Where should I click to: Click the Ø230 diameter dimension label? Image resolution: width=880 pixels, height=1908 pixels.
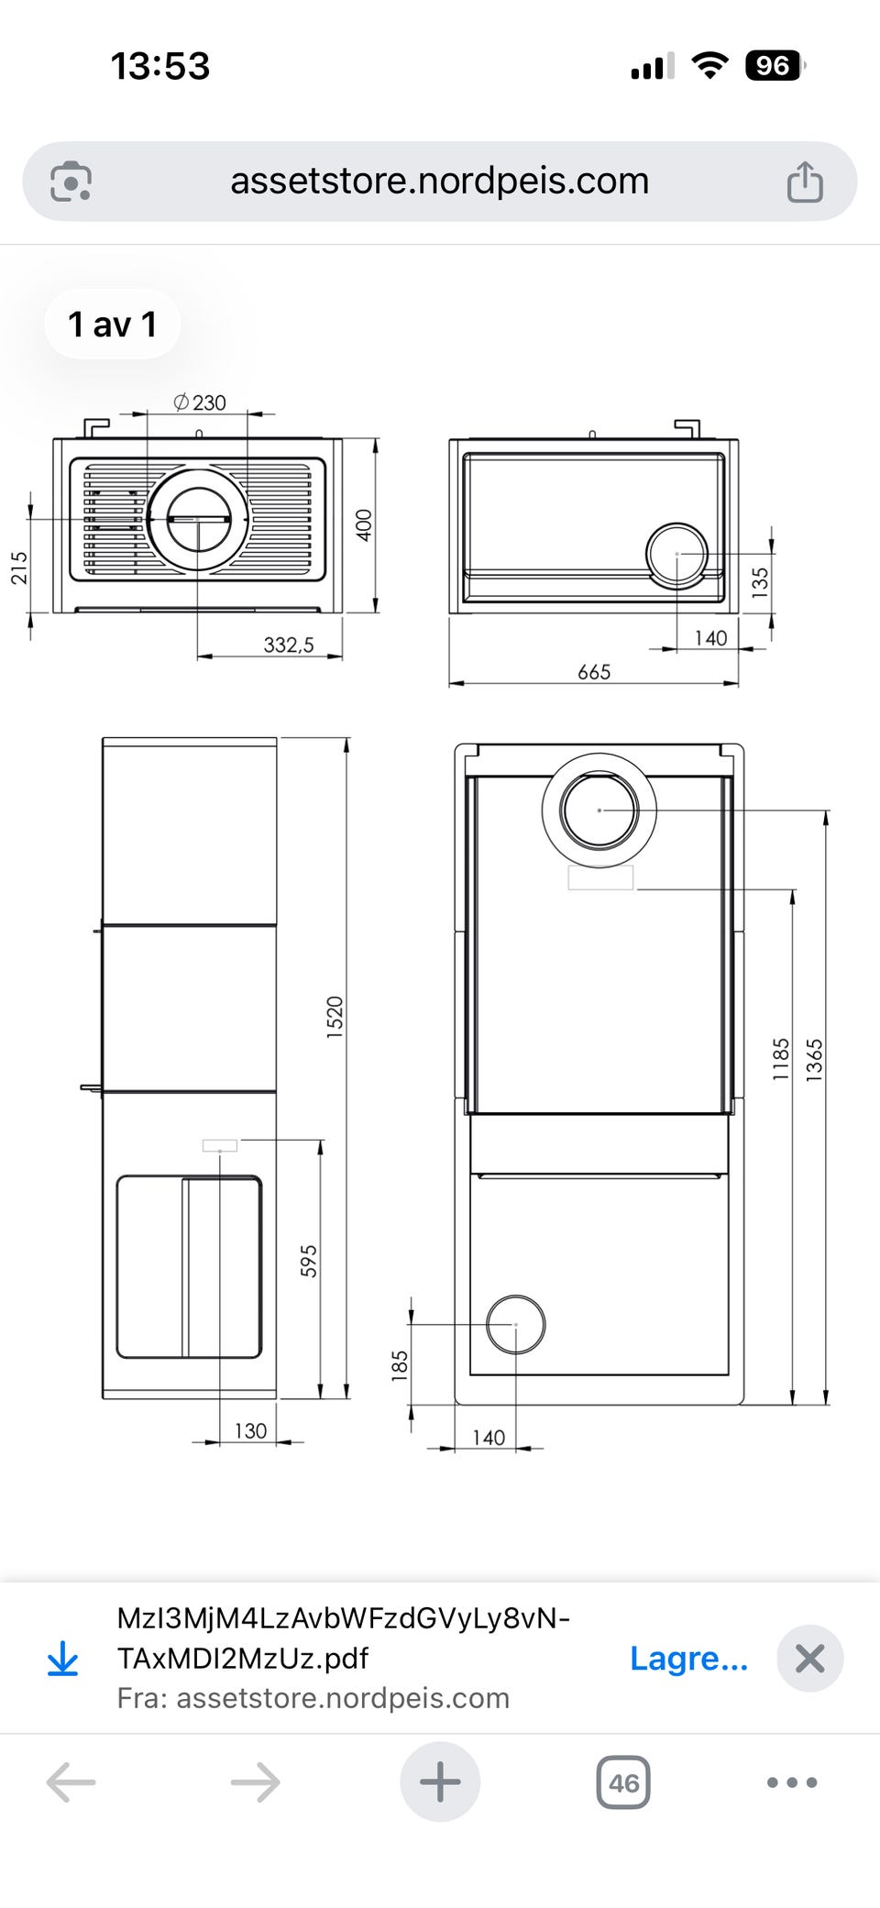200,403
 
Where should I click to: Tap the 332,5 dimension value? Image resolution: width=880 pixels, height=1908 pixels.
289,645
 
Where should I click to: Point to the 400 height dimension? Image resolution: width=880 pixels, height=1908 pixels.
364,525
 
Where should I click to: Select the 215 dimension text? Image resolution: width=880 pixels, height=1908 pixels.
19,568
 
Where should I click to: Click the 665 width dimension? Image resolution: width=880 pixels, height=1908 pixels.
594,672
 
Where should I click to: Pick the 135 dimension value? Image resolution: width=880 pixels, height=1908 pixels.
760,582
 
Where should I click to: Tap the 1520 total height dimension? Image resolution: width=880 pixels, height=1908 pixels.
335,1017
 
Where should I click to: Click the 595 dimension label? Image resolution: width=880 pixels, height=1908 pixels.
309,1261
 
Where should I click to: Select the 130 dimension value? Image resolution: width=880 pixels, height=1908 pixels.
250,1430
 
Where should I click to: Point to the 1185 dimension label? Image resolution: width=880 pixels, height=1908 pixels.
781,1059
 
